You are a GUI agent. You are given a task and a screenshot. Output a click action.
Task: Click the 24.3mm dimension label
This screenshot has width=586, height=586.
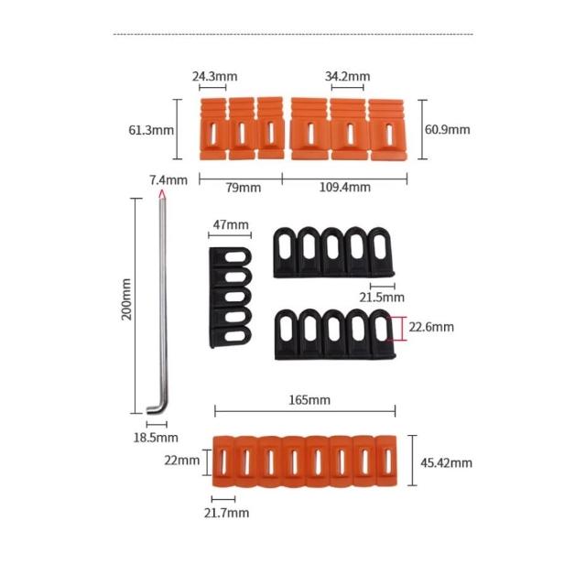pyautogui.click(x=214, y=76)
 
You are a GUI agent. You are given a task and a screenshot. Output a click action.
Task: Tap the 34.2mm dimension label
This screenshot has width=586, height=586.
pyautogui.click(x=348, y=76)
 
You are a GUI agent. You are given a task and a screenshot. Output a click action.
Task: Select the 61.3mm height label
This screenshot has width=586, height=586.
pyautogui.click(x=151, y=130)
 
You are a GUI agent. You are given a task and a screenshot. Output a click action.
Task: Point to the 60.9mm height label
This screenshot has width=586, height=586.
pyautogui.click(x=448, y=129)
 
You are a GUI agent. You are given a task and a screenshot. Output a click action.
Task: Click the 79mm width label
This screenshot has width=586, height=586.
pyautogui.click(x=244, y=187)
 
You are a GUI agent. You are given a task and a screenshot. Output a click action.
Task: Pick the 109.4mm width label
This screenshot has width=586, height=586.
pyautogui.click(x=345, y=187)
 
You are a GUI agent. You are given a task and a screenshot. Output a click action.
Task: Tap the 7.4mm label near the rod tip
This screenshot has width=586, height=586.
pyautogui.click(x=168, y=179)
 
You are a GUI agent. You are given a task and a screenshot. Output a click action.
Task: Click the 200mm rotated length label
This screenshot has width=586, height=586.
pyautogui.click(x=126, y=299)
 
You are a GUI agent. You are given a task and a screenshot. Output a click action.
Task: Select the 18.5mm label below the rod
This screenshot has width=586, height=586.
pyautogui.click(x=156, y=438)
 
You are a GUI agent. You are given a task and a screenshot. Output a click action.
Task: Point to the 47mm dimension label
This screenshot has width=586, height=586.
pyautogui.click(x=231, y=224)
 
